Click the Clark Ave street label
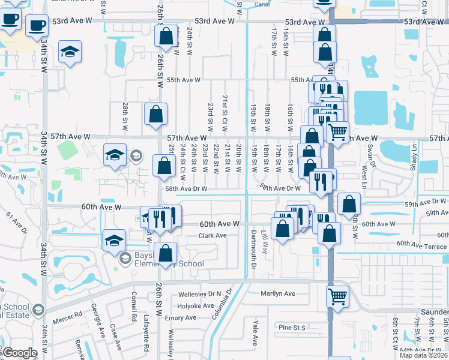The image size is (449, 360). pos(212,235)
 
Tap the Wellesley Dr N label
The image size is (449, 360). pos(200,295)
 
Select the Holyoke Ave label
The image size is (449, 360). pos(197,305)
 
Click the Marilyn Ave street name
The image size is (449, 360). pos(278,293)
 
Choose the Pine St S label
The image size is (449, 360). pos(292,327)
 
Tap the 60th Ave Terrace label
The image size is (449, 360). pos(421,246)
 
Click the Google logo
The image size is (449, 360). pos(20,353)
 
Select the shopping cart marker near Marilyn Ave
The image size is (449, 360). pos(337,296)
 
